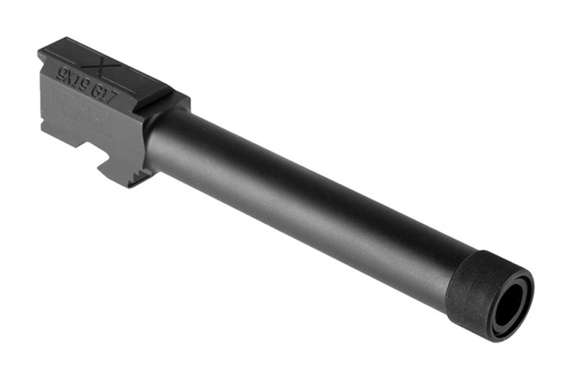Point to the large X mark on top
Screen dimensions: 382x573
pos(98,64)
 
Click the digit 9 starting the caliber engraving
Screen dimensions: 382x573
pos(60,70)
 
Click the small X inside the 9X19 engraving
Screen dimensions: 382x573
pos(69,73)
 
